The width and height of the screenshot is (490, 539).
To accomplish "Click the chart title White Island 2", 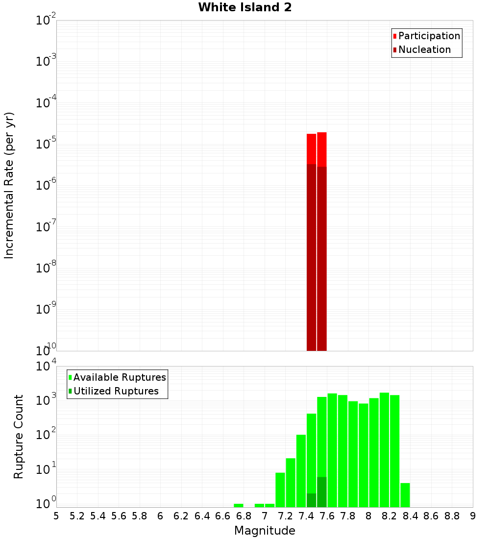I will pos(245,8).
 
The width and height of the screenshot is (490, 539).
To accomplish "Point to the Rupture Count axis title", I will pos(19,437).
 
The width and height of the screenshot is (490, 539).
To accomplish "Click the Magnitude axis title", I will pos(265,531).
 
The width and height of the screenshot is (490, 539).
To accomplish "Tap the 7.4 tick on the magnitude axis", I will pos(306,516).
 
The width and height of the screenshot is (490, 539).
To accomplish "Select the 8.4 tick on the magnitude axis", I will pos(411,516).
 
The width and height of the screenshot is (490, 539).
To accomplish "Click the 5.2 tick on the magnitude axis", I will pos(77,516).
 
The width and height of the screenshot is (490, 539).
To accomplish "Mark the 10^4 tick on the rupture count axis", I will pos(47,367).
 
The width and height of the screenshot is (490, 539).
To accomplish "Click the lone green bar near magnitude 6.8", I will pos(239,505).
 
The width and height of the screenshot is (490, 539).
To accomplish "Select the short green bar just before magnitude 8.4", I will pos(405,495).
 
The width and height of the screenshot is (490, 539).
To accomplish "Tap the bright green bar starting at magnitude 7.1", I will pos(280,490).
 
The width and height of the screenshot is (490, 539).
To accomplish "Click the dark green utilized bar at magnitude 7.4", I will pos(312,500).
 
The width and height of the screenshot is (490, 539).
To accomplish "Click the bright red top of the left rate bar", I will pos(312,148).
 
